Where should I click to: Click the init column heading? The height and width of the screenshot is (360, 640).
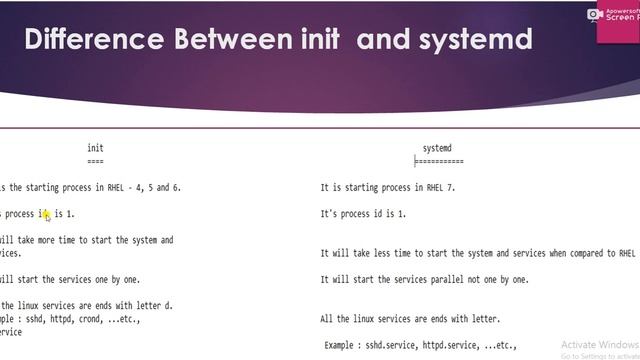pyautogui.click(x=95, y=148)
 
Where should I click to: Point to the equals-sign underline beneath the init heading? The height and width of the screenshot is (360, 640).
pyautogui.click(x=95, y=161)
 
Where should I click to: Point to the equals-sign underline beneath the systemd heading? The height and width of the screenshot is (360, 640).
pyautogui.click(x=439, y=161)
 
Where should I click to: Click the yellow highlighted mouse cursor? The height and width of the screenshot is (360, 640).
pyautogui.click(x=46, y=214)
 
